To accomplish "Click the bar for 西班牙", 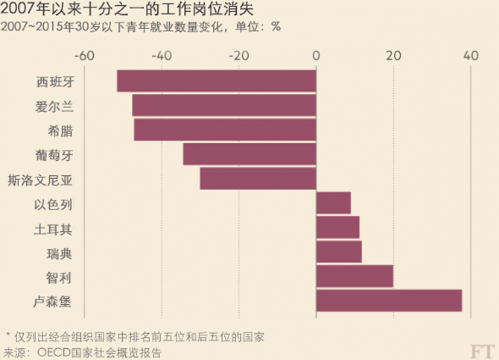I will coord(216,80).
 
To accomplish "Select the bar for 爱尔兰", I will coord(224,105).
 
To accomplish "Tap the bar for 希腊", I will coord(225,130).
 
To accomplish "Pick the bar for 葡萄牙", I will coord(249,154).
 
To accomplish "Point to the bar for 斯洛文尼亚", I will coord(258,179).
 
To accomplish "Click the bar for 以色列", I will coord(334,203).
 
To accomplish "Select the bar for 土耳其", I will coord(338,227).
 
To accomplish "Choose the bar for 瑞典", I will coord(339,252).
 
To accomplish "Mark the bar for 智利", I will coord(355,277).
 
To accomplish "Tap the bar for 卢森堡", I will coord(389,301).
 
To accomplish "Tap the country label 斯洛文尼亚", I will coord(41,180).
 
